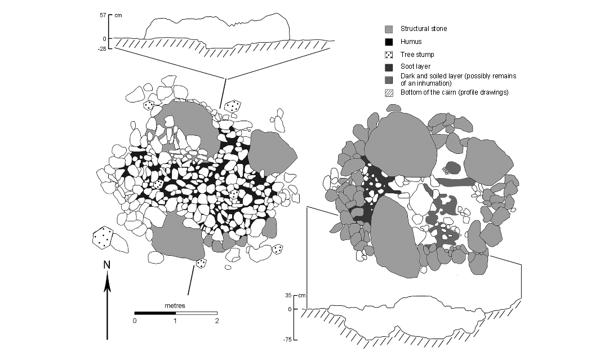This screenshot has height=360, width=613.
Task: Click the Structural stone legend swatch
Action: (389, 29)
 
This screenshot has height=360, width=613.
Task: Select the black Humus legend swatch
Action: (389, 42)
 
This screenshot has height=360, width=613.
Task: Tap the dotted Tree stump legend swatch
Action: (389, 55)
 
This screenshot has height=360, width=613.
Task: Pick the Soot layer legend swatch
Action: (389, 68)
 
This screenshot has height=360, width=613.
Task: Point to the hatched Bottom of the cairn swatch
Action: (389, 92)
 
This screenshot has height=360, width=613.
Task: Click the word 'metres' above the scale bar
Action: (175, 305)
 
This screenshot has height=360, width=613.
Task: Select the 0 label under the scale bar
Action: (135, 321)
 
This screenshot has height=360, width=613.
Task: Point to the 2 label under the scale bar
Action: (216, 321)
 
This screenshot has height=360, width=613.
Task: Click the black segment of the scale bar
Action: (155, 313)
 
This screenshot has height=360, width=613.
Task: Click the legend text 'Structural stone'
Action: (424, 29)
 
